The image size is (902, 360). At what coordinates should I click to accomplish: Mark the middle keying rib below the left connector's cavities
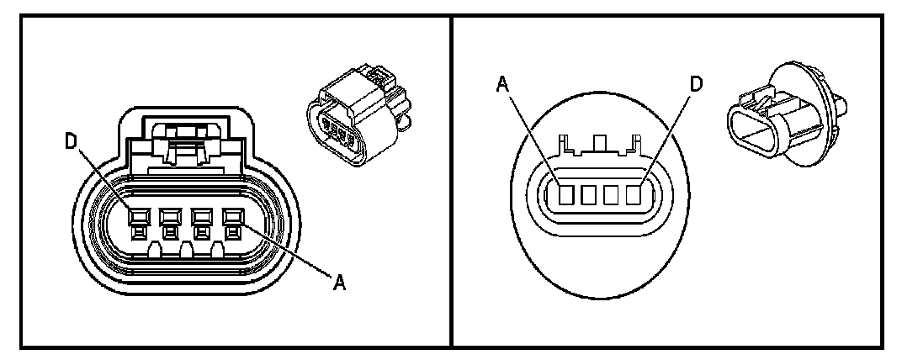click(x=184, y=250)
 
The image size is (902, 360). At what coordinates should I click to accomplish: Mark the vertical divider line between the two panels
click(x=452, y=180)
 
